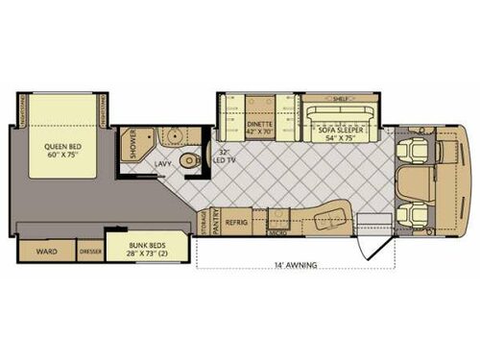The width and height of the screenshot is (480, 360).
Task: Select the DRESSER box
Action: coord(91,252)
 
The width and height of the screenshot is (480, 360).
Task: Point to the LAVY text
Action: coord(162,164)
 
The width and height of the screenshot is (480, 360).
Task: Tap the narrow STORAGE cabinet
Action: coord(204,222)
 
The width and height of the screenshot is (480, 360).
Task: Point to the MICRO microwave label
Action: coord(277,232)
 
